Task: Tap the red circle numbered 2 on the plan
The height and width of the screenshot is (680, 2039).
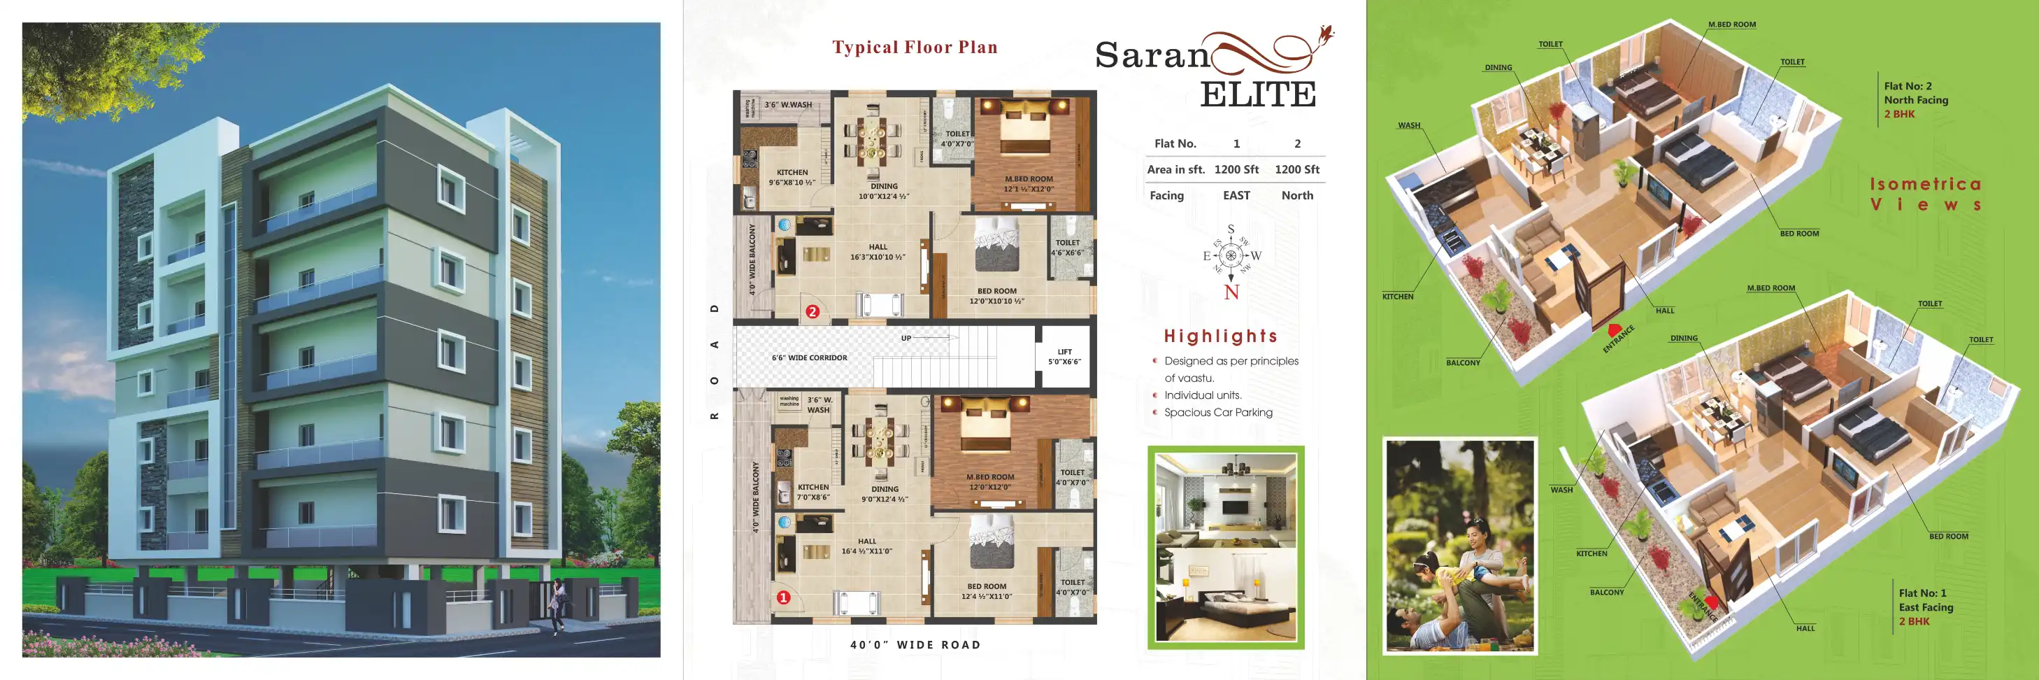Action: (811, 312)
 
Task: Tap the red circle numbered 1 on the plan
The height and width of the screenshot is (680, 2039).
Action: (783, 597)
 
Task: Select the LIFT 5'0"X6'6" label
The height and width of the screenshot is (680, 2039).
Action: (1065, 357)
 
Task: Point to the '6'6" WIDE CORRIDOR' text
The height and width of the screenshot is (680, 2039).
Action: (809, 357)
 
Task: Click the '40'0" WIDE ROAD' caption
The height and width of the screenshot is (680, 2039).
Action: (915, 645)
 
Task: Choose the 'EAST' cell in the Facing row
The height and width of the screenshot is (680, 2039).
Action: (1236, 195)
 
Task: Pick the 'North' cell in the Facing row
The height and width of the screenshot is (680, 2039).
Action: (1296, 195)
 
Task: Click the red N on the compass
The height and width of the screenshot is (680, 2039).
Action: (1231, 293)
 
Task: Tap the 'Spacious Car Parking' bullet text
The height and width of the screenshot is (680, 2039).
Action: (1218, 413)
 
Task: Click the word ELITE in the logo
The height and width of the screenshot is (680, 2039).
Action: (1258, 94)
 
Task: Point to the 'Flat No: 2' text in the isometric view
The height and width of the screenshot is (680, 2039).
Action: (1908, 86)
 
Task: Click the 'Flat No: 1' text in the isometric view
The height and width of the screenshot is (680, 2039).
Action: (1922, 593)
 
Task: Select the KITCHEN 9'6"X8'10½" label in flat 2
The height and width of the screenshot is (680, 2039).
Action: (792, 177)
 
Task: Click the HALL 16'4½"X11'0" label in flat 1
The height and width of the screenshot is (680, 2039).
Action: (867, 546)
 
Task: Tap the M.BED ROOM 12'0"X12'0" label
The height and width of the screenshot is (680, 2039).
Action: (989, 482)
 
